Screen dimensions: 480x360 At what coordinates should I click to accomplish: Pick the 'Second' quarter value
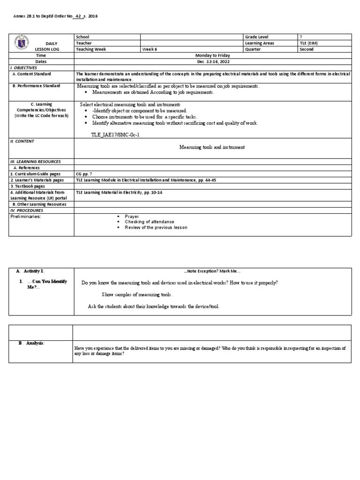[307, 49]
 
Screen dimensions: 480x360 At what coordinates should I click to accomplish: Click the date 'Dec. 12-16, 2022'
[213, 61]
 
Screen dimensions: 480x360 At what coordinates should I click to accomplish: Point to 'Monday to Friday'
[213, 55]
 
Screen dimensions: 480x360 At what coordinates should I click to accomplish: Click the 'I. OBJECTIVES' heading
[24, 67]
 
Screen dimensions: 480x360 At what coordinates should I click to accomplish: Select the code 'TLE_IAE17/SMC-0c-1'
[115, 135]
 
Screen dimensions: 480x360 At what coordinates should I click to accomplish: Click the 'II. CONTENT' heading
[22, 141]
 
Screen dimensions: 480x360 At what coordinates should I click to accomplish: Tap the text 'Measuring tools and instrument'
[212, 147]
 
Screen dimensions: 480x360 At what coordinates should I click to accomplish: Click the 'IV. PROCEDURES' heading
[26, 210]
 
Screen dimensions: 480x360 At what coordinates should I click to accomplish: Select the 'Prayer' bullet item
[132, 216]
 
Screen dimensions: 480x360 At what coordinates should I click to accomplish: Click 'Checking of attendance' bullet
[149, 222]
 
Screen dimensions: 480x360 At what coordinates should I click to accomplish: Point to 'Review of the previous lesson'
[156, 227]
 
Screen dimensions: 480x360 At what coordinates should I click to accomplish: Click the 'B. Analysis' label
[31, 343]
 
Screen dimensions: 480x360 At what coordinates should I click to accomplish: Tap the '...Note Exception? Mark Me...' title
[212, 271]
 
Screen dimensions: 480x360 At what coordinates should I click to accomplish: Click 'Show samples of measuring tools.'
[137, 294]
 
